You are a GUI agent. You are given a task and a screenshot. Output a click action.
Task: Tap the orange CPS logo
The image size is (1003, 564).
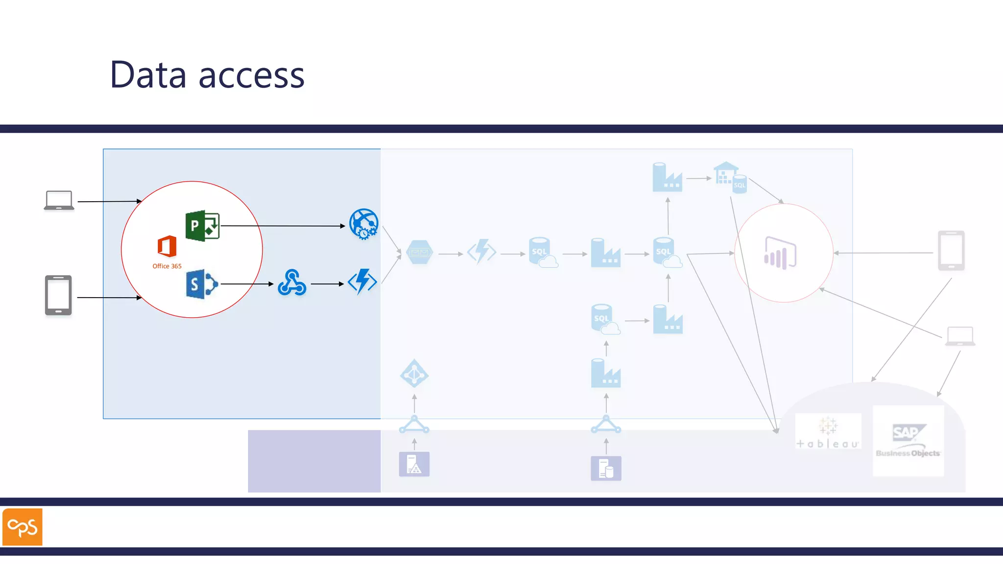tap(23, 527)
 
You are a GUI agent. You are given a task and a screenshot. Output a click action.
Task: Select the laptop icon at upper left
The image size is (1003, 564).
tap(59, 200)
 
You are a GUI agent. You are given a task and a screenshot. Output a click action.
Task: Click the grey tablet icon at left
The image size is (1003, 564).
tap(58, 295)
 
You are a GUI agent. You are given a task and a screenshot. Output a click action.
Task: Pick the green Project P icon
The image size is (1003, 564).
tap(202, 226)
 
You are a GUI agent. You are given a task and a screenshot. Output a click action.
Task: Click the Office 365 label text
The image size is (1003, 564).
tap(167, 266)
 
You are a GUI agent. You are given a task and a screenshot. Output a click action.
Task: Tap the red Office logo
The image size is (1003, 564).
tap(167, 246)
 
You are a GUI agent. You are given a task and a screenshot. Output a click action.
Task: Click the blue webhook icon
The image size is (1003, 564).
tap(292, 283)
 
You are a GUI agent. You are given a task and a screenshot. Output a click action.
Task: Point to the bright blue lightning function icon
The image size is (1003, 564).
tap(362, 282)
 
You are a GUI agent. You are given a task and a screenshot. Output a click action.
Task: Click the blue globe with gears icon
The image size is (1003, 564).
tap(364, 224)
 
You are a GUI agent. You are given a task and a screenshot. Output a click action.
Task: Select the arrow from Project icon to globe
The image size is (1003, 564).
tap(283, 226)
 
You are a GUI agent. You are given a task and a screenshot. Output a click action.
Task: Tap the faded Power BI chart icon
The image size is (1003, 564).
tap(780, 253)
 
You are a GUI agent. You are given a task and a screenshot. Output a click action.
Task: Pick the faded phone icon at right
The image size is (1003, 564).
tap(951, 250)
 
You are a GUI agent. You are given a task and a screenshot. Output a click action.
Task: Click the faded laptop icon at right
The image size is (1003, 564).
tap(960, 336)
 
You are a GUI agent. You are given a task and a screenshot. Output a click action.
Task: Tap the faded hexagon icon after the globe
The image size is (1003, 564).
tap(420, 253)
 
